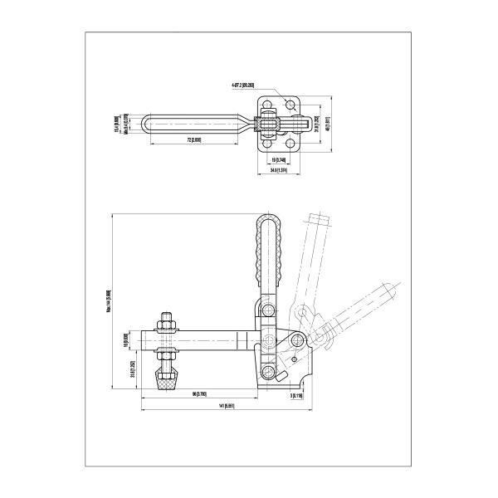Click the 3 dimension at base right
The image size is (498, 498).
click(x=296, y=395)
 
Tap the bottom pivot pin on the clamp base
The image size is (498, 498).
click(x=269, y=372)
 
